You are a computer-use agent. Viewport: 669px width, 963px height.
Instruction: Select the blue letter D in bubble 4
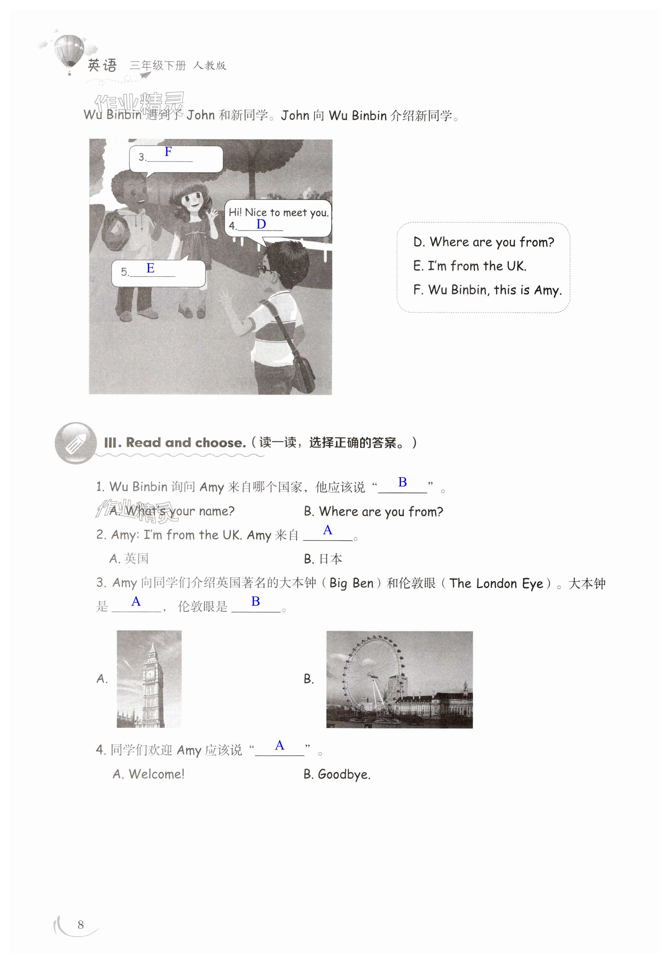pos(261,224)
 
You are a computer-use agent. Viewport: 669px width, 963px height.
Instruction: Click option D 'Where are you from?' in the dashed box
pos(483,242)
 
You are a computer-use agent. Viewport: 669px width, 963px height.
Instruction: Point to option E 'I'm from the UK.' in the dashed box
pos(469,266)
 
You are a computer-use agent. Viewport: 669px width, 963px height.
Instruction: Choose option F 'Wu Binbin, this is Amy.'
pos(487,290)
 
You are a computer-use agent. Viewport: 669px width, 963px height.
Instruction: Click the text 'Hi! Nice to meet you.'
pos(278,212)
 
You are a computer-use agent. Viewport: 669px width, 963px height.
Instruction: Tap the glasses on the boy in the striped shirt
pos(267,269)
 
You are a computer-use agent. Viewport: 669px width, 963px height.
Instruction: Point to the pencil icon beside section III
pos(76,443)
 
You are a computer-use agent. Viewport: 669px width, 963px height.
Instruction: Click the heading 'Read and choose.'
pos(186,443)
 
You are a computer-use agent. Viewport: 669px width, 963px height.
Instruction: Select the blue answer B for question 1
pos(402,482)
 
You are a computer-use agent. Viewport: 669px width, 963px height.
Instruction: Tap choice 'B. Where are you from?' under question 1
pos(373,511)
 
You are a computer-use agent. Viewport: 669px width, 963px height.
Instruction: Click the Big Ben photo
pos(149,679)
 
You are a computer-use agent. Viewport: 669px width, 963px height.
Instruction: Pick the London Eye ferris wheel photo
pos(400,679)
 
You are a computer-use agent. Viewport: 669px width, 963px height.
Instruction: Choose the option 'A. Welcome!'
pos(148,774)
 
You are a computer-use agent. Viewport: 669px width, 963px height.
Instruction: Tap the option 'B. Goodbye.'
pos(337,774)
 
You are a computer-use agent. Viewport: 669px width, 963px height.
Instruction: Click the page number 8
pos(80,925)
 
